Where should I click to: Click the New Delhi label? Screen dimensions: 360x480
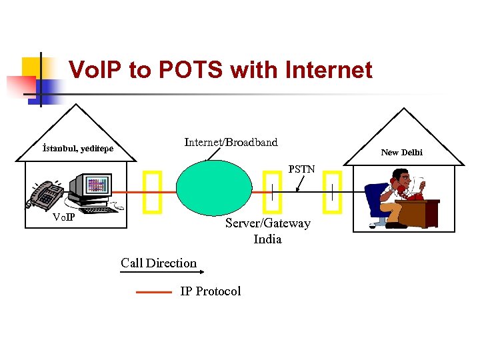(x=401, y=153)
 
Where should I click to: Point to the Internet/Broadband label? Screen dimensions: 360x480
(x=231, y=142)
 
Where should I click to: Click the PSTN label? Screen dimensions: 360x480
(x=301, y=169)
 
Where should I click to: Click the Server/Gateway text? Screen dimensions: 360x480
(x=267, y=223)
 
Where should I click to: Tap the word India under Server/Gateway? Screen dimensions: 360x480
(x=267, y=239)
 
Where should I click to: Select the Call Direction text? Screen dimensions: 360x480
(x=159, y=263)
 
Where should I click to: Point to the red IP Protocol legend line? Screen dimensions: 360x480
(x=154, y=291)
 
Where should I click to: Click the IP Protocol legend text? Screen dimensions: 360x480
(x=210, y=291)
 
